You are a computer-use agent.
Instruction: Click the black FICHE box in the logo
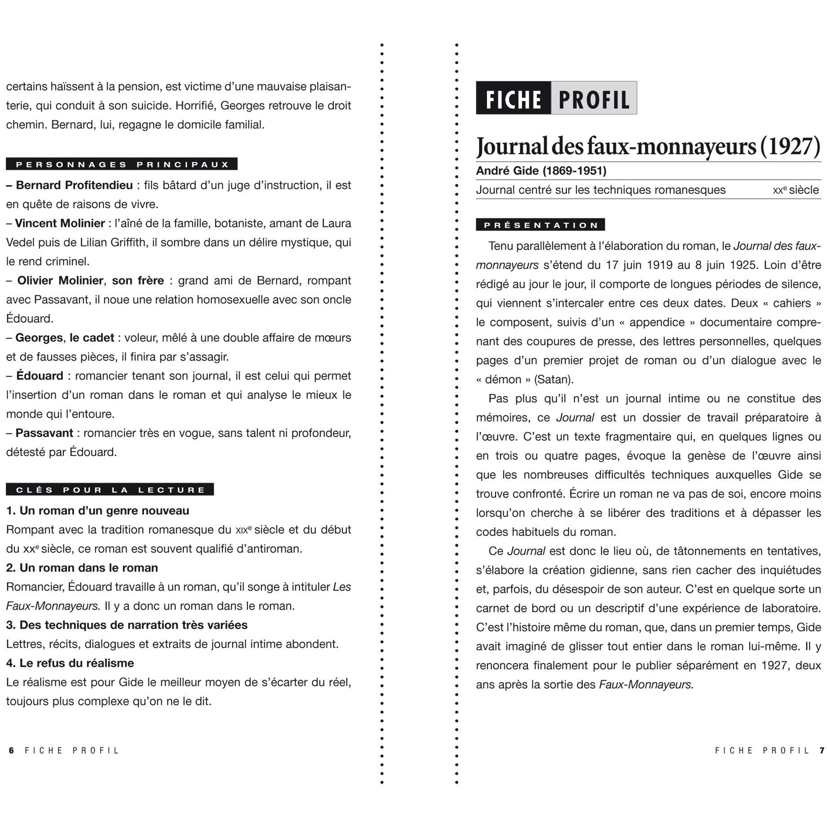click(513, 98)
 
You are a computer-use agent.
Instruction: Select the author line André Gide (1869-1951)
click(541, 171)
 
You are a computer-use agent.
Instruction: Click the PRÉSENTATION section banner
click(540, 225)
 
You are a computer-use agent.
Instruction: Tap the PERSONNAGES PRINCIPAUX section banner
click(122, 164)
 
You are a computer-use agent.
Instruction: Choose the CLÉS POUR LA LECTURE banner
click(110, 490)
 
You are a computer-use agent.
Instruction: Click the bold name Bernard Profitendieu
click(74, 185)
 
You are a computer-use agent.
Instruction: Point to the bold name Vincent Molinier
click(60, 223)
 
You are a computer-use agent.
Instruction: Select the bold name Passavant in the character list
click(44, 433)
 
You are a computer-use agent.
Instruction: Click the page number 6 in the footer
click(12, 751)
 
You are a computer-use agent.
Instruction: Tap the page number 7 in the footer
click(822, 751)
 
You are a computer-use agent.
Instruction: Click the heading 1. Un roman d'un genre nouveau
click(97, 511)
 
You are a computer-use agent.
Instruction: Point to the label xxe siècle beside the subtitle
click(796, 190)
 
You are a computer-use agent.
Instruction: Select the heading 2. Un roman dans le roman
click(82, 568)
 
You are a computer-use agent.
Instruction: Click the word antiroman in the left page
click(270, 549)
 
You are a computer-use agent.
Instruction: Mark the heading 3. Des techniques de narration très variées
click(127, 625)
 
